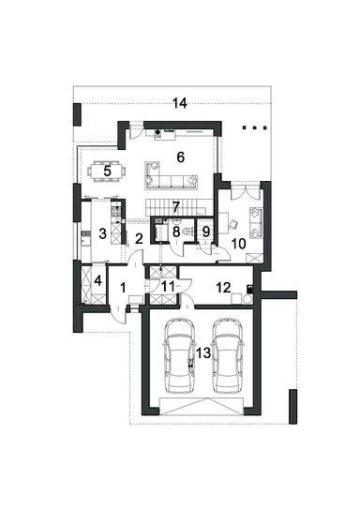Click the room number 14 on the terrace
[x=179, y=103]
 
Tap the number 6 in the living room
[x=181, y=157]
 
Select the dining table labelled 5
[x=107, y=172]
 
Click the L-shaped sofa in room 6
[x=171, y=175]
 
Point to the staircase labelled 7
[x=175, y=207]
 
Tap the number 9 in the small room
[x=206, y=232]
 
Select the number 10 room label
[x=238, y=244]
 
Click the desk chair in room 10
[x=233, y=224]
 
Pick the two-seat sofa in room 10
[x=256, y=223]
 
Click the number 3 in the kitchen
[x=102, y=233]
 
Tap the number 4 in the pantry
[x=97, y=280]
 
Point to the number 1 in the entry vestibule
[x=123, y=288]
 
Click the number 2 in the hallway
[x=139, y=239]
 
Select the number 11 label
[x=168, y=287]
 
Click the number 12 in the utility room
[x=223, y=287]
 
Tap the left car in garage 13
[x=180, y=355]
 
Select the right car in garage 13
[x=227, y=355]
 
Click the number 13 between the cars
[x=203, y=352]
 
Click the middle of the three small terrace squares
[x=254, y=127]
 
